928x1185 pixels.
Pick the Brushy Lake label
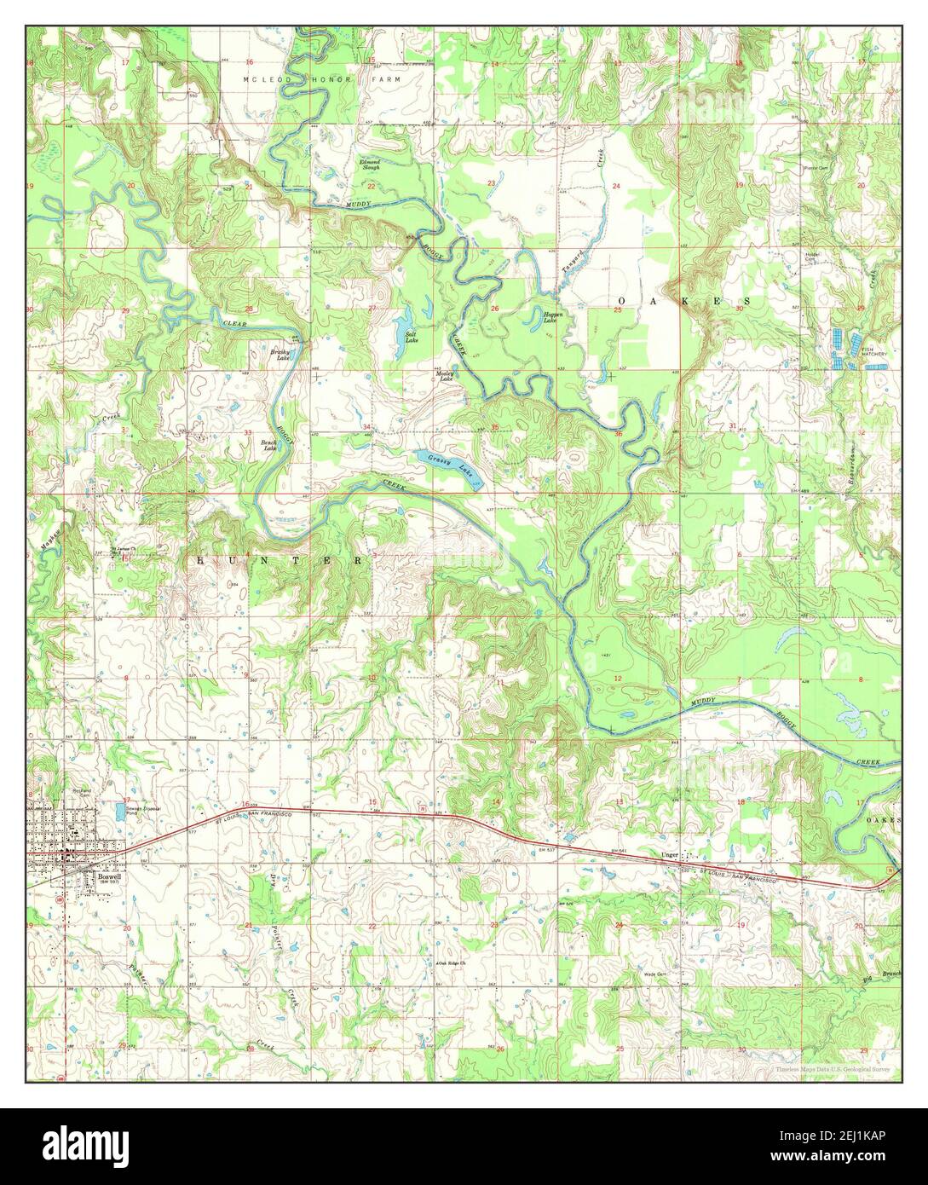click(x=280, y=355)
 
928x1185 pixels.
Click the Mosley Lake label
click(x=446, y=375)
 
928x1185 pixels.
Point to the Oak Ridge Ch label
click(x=455, y=963)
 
